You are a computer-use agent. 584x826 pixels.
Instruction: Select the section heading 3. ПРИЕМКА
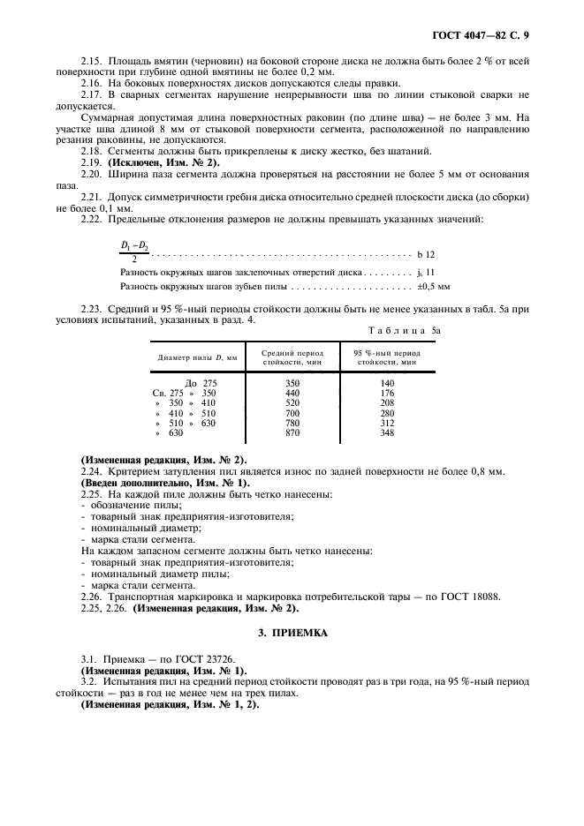point(292,634)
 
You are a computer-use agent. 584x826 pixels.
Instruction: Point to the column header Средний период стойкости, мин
point(293,357)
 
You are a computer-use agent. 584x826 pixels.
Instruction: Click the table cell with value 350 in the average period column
point(293,383)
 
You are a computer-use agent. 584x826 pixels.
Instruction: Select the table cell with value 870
point(293,433)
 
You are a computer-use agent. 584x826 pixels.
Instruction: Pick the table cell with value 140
point(387,383)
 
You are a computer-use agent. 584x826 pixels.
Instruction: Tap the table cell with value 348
point(387,433)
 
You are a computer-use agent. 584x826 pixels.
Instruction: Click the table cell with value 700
point(293,413)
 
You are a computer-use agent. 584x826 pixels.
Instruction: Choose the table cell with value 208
point(387,403)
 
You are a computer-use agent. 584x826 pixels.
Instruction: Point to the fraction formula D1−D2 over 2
point(134,252)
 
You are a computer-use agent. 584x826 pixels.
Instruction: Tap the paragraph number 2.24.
point(91,472)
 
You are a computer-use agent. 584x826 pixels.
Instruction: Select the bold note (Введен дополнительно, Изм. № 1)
point(165,484)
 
